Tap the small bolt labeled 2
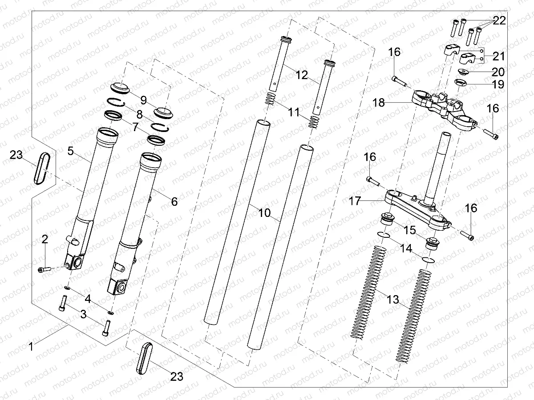click(x=42, y=269)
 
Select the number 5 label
click(x=70, y=151)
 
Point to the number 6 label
click(x=174, y=202)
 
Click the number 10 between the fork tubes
click(x=264, y=213)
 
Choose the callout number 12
click(x=302, y=75)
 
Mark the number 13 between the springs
click(x=393, y=300)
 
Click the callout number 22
click(x=498, y=21)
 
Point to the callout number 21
click(x=498, y=56)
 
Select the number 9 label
click(x=144, y=98)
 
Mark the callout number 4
click(x=88, y=299)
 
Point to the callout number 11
click(x=293, y=113)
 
